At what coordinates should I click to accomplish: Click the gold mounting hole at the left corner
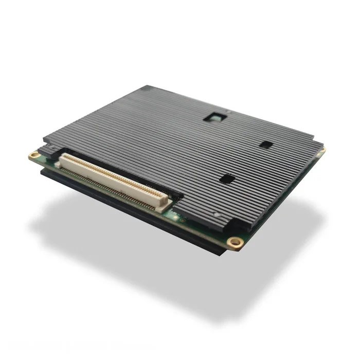[34, 154]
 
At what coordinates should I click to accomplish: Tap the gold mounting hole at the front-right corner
[235, 242]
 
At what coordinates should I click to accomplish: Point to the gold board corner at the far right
[323, 150]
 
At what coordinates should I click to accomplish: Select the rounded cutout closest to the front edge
[227, 179]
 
